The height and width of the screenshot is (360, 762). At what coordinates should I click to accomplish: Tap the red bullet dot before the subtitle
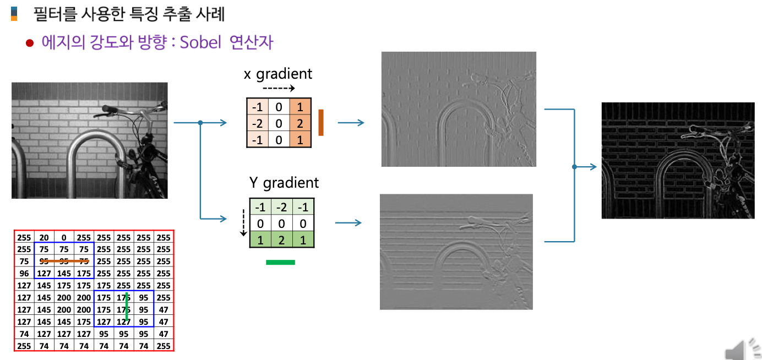point(30,43)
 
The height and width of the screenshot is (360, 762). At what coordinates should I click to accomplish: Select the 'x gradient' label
point(277,74)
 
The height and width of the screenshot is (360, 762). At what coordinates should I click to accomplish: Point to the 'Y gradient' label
point(284,182)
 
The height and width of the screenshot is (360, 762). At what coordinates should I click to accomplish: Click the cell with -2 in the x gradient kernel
point(256,123)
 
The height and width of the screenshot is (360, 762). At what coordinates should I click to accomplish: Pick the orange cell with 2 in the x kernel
point(301,123)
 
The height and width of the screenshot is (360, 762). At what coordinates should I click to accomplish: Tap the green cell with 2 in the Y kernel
point(281,239)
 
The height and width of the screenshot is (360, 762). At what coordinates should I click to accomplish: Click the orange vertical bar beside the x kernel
point(320,122)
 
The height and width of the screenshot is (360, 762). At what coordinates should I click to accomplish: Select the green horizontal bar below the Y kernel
point(280,263)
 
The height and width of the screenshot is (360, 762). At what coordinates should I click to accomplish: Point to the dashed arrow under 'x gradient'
point(279,88)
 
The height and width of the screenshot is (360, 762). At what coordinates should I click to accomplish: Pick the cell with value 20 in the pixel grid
point(44,238)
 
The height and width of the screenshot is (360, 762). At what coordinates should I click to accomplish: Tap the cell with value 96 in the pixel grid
point(24,273)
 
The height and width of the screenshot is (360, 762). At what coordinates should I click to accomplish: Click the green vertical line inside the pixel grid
point(127,307)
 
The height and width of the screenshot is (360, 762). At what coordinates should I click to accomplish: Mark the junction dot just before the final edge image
point(574,167)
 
